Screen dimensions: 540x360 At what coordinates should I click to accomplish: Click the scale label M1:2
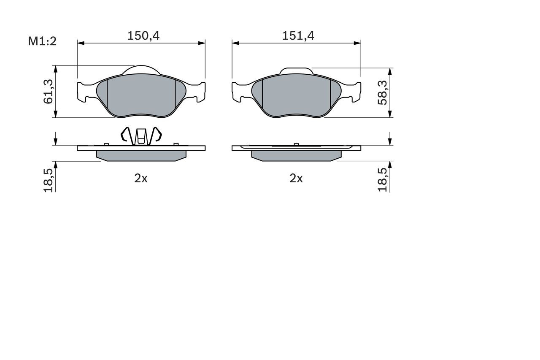pos(42,41)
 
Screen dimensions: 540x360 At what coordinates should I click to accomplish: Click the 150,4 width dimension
pos(143,36)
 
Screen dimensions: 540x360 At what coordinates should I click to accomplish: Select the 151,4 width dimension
pos(298,36)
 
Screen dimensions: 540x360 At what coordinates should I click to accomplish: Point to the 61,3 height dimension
pos(48,92)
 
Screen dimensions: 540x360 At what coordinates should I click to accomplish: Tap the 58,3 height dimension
pos(382,93)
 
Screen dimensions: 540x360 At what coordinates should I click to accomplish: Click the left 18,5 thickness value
pos(48,180)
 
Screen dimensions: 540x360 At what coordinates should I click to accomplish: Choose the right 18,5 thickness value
pos(382,180)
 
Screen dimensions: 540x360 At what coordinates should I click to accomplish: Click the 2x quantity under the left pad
pos(141,179)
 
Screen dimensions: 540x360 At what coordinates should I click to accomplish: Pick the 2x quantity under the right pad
pos(296,179)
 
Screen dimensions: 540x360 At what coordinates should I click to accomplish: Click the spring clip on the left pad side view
pos(141,136)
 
